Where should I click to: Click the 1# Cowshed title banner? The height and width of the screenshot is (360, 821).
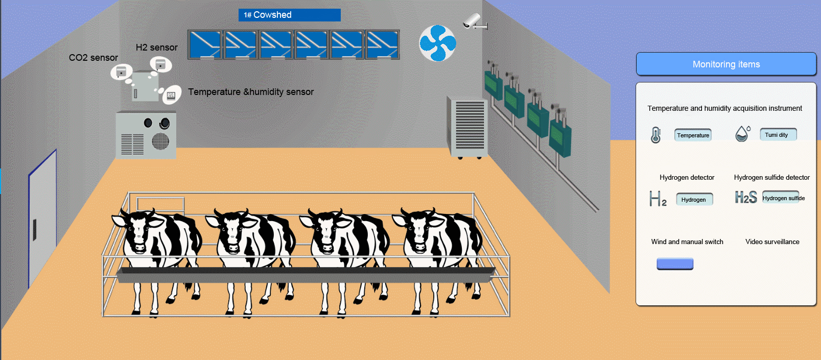pos(289,15)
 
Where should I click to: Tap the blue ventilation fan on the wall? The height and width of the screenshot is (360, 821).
pos(437,43)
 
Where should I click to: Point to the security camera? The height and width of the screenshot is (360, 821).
pos(474,21)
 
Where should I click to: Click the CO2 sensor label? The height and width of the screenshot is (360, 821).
pos(93,58)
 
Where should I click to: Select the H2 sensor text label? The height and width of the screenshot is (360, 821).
pos(156,47)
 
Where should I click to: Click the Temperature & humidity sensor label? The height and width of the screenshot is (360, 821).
pos(251,92)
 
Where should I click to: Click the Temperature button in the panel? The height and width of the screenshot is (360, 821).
pos(693,135)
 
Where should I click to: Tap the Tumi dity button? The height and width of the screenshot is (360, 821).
pos(778,135)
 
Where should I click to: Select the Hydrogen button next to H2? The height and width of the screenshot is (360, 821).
pos(694,199)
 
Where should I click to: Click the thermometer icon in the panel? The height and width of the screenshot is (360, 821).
pos(656,135)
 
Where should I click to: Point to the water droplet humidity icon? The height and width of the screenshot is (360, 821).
pos(742,134)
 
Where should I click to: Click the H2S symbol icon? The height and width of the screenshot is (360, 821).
pos(746,198)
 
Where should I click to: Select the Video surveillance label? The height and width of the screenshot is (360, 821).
pos(772,242)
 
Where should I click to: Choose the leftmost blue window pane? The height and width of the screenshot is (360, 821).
pos(204,45)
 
